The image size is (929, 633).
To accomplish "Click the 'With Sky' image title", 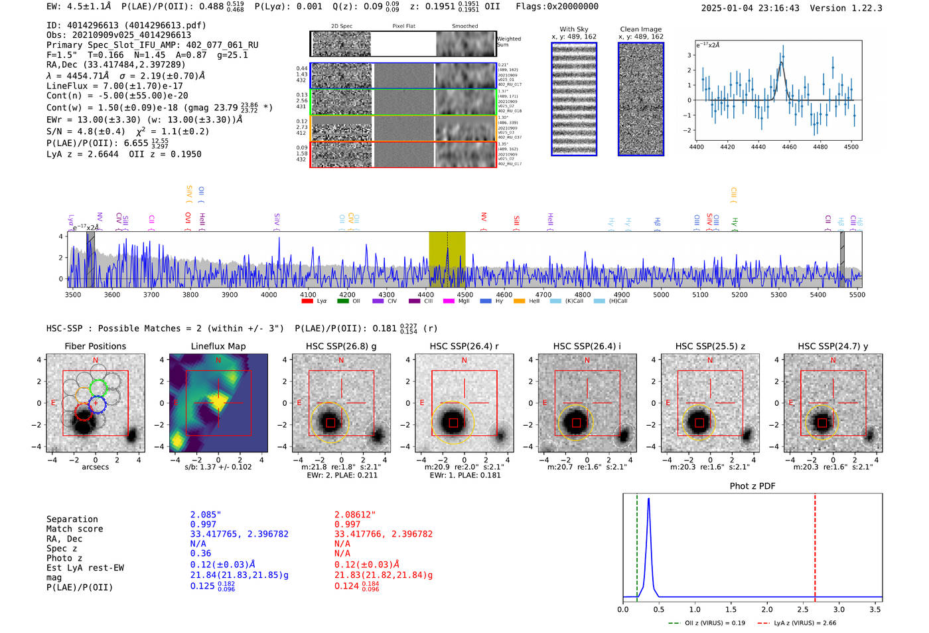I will coord(573,29).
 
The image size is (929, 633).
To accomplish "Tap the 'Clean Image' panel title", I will coord(640,29).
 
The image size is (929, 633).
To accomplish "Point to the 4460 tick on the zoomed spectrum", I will coord(789,147).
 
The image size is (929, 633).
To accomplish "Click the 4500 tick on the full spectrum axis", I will coord(465,294).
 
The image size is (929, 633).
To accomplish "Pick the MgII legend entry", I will coord(463,301).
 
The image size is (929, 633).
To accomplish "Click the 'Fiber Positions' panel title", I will coord(95,346).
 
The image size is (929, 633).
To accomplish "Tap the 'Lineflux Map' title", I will coord(218,346).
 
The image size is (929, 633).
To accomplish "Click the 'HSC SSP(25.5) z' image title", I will coord(710,346).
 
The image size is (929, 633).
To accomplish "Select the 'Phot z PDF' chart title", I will coord(752,486).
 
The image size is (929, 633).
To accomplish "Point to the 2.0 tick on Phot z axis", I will coord(767,609).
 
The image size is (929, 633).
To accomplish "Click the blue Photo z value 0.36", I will coord(200,553).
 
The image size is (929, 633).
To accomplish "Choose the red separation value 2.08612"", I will coord(355,515).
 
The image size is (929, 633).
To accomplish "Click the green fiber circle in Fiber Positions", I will coord(98,387).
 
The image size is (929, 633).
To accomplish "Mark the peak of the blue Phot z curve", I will coord(648,499).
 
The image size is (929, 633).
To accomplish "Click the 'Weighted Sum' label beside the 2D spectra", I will coord(508,42).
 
